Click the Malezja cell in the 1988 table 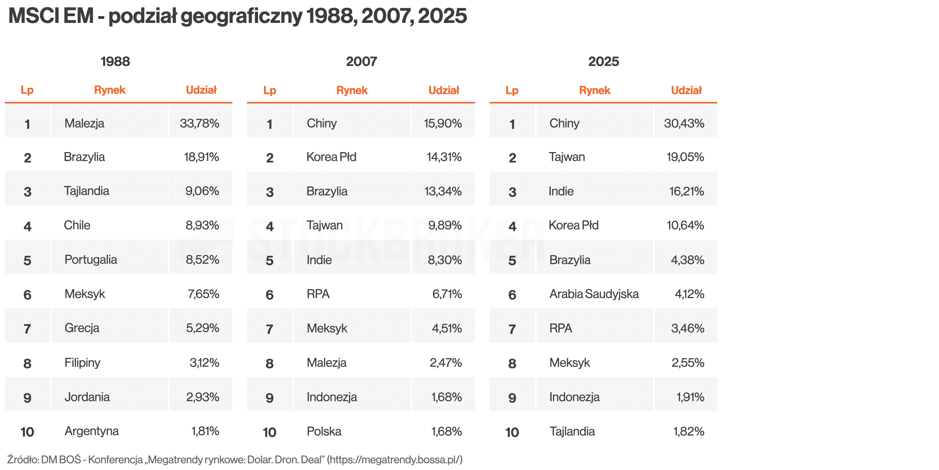click(x=84, y=123)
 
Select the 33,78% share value click(x=200, y=123)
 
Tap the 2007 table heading click(x=361, y=62)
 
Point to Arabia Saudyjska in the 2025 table click(x=594, y=294)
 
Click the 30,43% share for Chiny click(x=684, y=123)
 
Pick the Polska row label click(x=324, y=431)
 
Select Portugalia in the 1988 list click(x=91, y=260)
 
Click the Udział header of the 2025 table click(x=686, y=90)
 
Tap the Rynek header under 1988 click(x=109, y=90)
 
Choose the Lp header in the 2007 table click(x=270, y=90)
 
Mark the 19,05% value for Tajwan click(x=685, y=157)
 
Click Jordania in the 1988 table click(x=87, y=397)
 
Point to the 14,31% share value click(x=444, y=157)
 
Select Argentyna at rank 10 click(x=91, y=431)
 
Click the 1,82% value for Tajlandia click(x=688, y=431)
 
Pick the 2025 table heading click(x=603, y=62)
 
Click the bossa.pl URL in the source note click(x=395, y=460)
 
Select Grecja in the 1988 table click(x=82, y=328)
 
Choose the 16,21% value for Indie click(x=686, y=192)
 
